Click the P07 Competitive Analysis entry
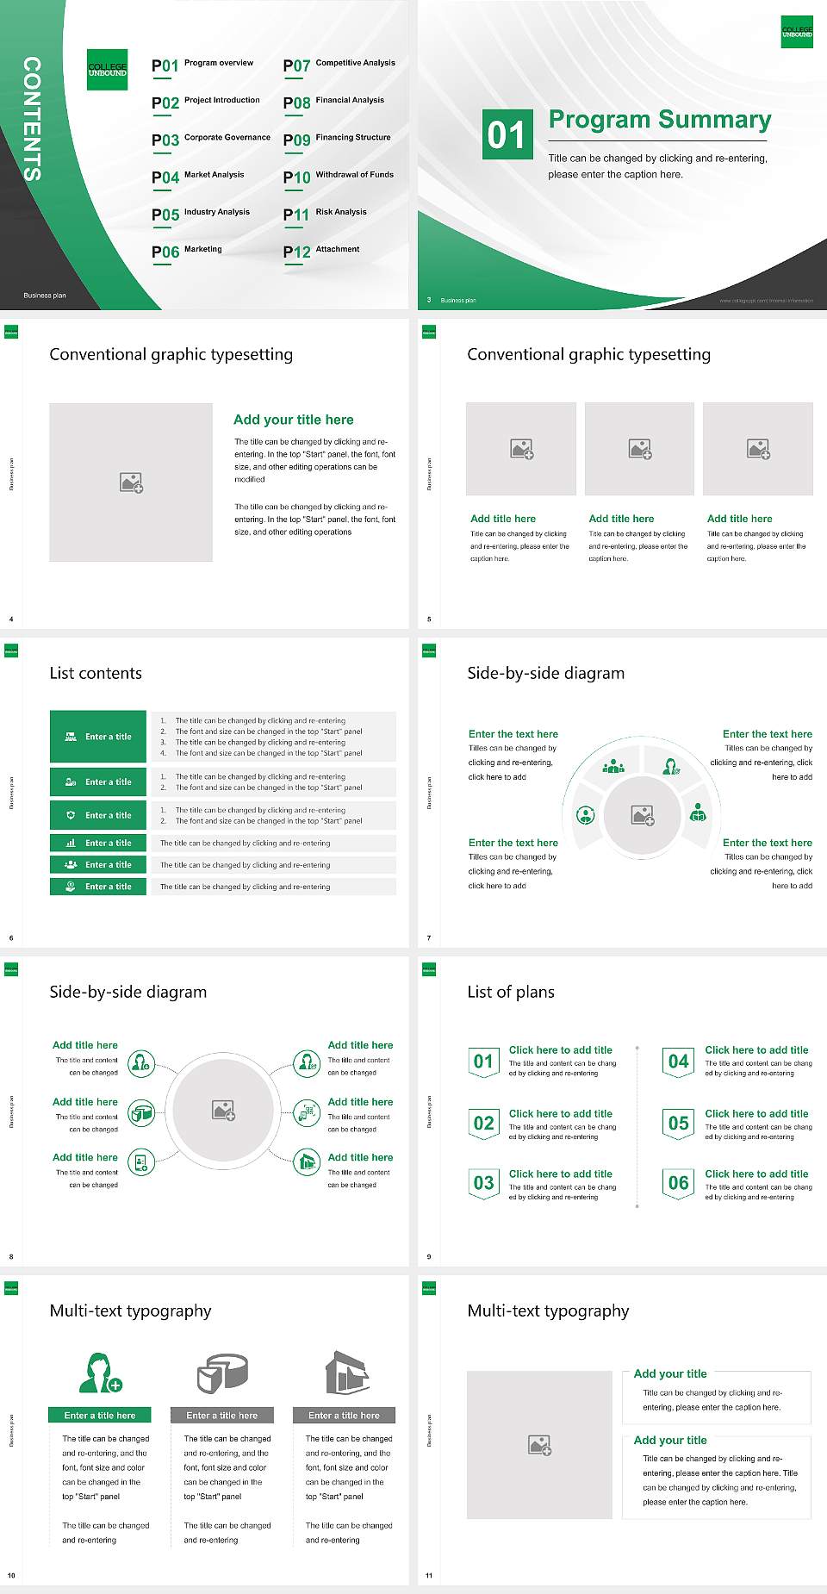pos(339,65)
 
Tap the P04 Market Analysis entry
pos(197,177)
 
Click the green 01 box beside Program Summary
pos(507,134)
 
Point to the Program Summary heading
pos(659,120)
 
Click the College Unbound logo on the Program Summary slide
pos(797,32)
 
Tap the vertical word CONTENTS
pos(32,119)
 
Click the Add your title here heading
pos(293,420)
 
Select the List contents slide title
pos(96,673)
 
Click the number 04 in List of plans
pos(679,1062)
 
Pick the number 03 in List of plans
pos(484,1183)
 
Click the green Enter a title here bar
pos(100,1415)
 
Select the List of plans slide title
pos(511,992)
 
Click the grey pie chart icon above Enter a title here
pos(222,1373)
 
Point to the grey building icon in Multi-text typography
pos(347,1373)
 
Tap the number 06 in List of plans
pos(679,1183)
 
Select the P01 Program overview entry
pos(202,65)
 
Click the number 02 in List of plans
pos(484,1123)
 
